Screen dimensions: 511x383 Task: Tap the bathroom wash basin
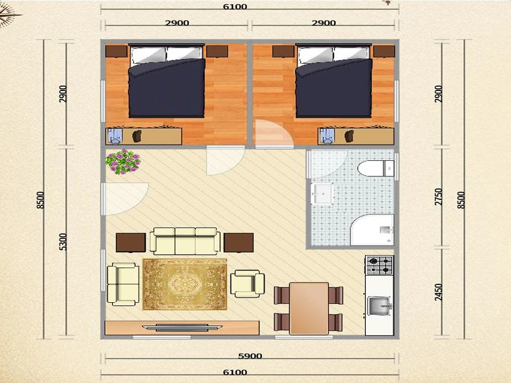pos(322,194)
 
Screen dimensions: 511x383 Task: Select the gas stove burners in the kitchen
pos(379,266)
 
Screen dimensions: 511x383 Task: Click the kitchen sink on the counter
pos(380,306)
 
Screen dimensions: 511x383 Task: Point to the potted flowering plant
pos(123,161)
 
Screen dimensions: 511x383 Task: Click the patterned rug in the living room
pos(185,284)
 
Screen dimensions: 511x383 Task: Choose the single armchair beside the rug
pos(247,283)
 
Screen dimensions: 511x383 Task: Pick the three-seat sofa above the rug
pos(185,241)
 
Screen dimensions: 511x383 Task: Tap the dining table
pos(309,308)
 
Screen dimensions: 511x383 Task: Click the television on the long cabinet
pos(182,327)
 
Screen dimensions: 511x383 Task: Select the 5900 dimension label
pos(250,356)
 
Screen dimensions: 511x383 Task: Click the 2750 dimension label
pos(438,197)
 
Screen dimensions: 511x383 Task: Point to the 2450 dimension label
pos(438,292)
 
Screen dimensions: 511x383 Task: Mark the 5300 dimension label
pos(63,242)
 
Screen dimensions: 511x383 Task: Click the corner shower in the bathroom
pos(372,230)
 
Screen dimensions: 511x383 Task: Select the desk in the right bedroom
pos(356,136)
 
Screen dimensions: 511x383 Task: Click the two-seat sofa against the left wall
pos(123,284)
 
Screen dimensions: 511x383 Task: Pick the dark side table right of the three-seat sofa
pos(239,243)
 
